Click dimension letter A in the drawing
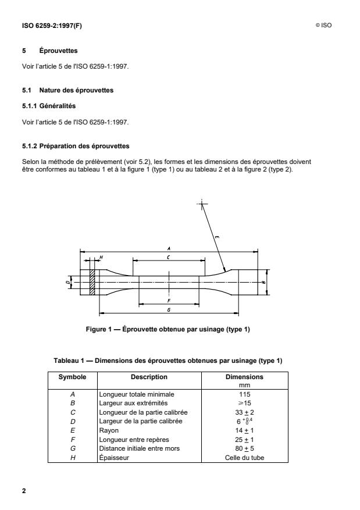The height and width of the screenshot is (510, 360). point(168,248)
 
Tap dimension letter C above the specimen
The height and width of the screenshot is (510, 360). point(168,256)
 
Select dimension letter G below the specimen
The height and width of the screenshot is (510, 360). point(168,310)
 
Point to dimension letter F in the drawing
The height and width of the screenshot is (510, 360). point(168,301)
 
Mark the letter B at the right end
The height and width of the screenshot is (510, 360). point(265,283)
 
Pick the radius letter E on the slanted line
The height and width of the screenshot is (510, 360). point(216,237)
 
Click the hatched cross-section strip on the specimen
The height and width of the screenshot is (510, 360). point(92,283)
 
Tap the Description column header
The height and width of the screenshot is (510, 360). point(149,377)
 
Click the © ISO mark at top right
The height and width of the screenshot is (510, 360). point(323,25)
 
